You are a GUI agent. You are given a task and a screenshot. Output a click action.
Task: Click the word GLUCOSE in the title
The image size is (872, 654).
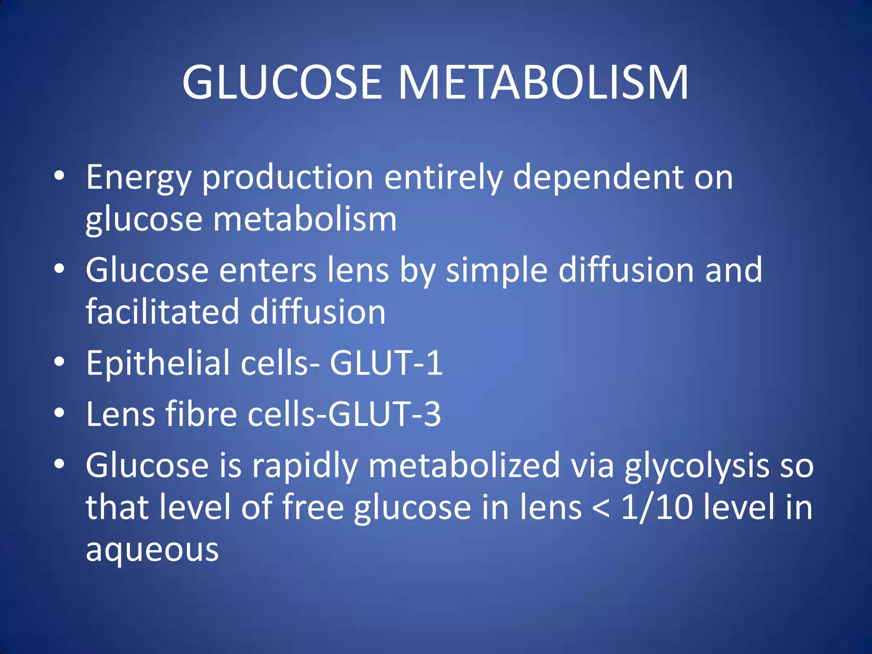point(282,83)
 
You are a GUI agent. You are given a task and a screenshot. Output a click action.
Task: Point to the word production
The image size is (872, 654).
point(288,178)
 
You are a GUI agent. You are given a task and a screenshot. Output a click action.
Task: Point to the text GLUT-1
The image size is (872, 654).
point(386,363)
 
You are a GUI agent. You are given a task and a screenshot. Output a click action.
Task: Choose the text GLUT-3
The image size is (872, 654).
point(384,414)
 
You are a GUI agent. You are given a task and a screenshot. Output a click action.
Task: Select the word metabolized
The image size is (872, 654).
point(464,465)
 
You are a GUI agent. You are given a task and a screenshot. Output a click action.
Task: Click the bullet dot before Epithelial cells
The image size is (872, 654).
point(60,362)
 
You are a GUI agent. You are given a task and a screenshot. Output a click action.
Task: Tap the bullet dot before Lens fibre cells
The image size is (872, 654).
point(60,413)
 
